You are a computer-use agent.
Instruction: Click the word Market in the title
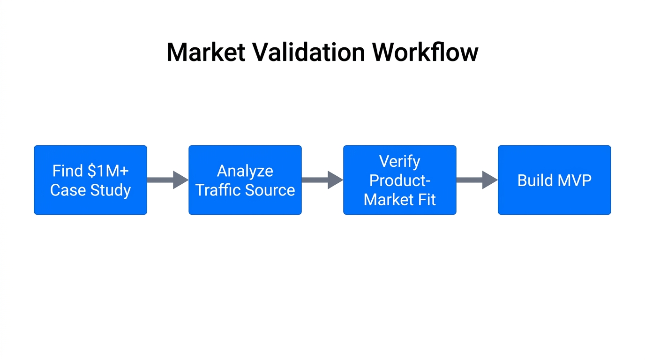206,52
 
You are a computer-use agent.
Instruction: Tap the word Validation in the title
307,52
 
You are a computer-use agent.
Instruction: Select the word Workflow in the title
425,52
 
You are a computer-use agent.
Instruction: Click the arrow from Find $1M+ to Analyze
167,180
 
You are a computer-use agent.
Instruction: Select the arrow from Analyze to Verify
322,180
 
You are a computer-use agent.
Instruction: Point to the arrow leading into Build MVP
477,180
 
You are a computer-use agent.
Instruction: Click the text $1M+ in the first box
108,171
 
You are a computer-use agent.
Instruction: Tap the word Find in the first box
67,171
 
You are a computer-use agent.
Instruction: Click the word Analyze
245,171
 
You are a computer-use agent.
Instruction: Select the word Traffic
217,190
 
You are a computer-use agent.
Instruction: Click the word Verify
400,161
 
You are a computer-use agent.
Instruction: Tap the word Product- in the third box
400,180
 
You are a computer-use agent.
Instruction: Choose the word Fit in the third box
427,200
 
